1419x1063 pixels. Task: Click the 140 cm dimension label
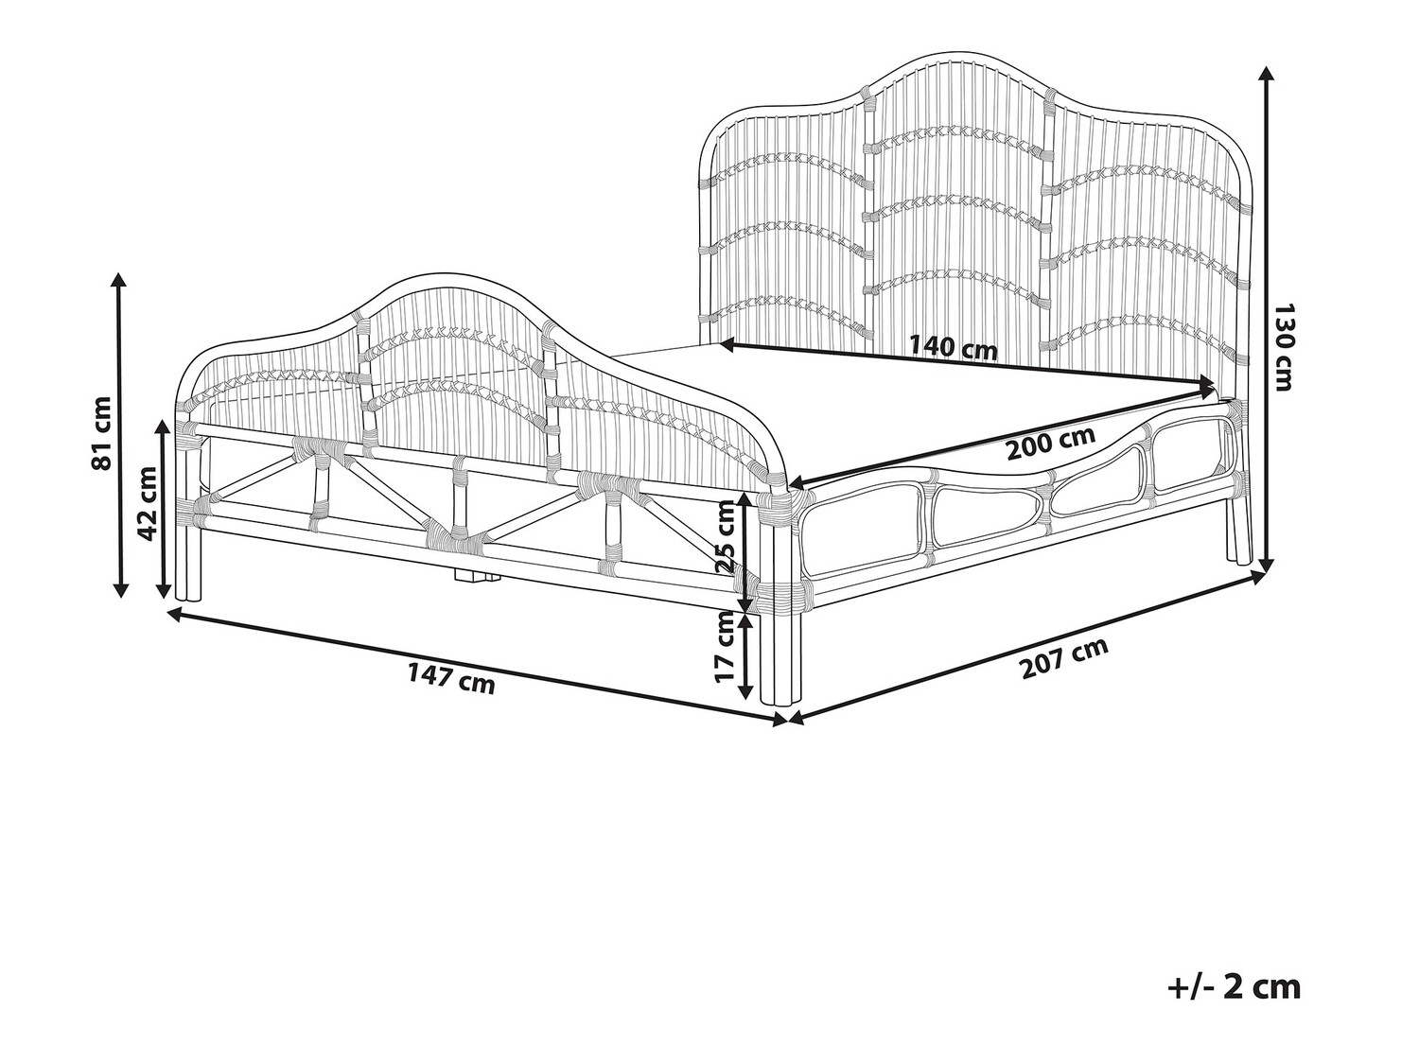coord(954,347)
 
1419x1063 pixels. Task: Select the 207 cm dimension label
coord(1063,659)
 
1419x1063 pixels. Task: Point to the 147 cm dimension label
coord(451,678)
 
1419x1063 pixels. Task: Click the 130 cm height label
coord(1284,347)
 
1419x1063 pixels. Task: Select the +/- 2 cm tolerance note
coord(1234,986)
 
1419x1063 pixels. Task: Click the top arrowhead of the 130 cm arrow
coord(1265,74)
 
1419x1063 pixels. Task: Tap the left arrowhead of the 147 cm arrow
coord(173,615)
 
